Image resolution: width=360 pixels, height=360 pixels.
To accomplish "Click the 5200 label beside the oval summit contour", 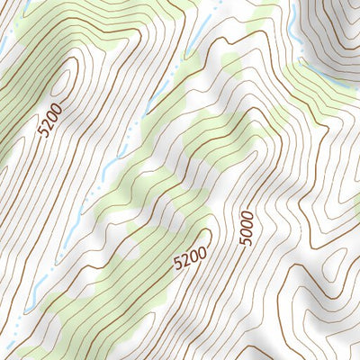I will (52, 120).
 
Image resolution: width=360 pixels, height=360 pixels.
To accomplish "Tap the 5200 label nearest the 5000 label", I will (190, 259).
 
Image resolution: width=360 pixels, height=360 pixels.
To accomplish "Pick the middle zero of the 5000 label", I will (248, 223).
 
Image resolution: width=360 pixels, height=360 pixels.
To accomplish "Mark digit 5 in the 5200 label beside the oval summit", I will (44, 130).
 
